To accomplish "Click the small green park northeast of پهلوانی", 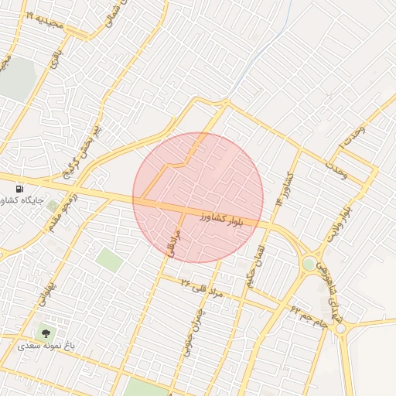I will pos(110,259).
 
